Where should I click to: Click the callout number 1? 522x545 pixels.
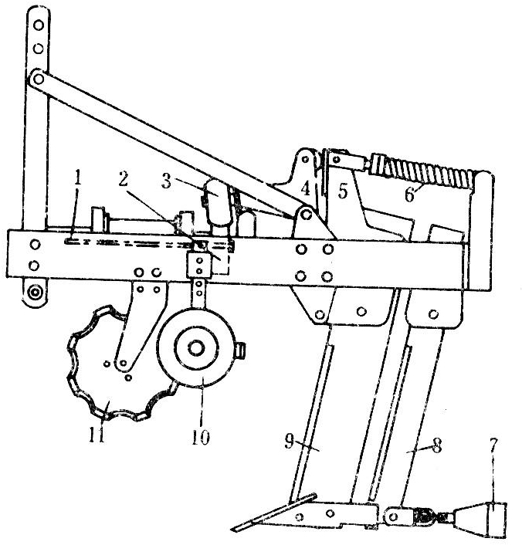click(77, 178)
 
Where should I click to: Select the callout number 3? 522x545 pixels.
click(167, 181)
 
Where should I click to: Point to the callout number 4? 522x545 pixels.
click(306, 189)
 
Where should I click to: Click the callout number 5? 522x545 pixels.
click(343, 191)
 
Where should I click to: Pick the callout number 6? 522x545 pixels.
click(410, 195)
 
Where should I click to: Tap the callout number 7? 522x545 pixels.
click(494, 446)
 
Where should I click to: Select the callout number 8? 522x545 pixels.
click(437, 445)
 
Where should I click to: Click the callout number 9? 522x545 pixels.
click(290, 442)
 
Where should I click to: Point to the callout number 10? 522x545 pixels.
click(201, 437)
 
